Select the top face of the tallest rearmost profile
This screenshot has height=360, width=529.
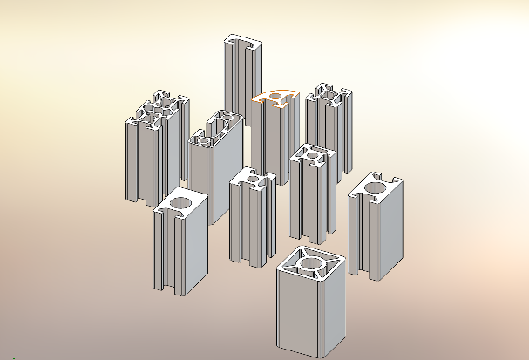[241, 42]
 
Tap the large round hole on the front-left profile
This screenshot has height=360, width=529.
[180, 205]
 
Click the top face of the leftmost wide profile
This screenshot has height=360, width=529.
[157, 109]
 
